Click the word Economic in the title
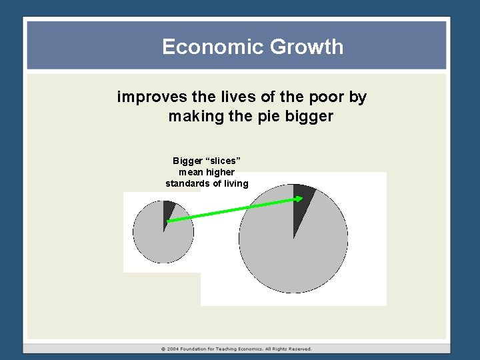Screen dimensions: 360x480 [x=203, y=47]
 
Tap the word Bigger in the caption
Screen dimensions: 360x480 [x=187, y=161]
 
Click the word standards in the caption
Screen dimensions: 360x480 [x=187, y=183]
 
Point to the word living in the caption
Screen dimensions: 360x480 [x=234, y=183]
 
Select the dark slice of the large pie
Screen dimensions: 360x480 [x=301, y=200]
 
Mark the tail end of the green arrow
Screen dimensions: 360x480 [x=168, y=221]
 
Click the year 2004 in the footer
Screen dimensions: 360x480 [x=173, y=349]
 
